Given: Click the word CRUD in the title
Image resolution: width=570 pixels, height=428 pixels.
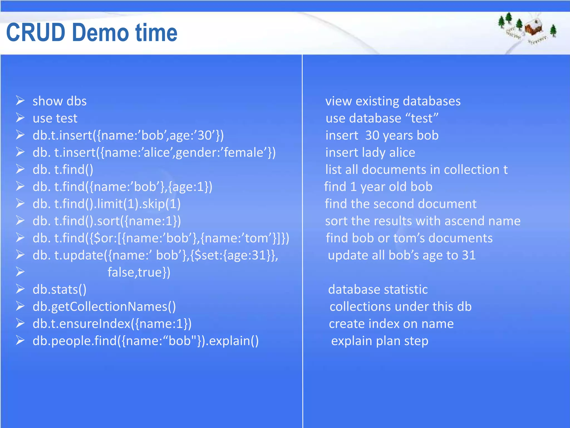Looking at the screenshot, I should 36,33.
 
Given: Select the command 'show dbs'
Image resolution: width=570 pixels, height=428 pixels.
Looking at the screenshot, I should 60,101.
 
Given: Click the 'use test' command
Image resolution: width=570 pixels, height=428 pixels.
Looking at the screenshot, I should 55,118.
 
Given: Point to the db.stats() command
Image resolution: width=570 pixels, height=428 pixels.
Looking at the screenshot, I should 60,290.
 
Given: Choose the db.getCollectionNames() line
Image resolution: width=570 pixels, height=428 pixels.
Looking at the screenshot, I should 104,307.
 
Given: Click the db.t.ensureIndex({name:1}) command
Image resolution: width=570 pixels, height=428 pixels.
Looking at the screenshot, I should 112,324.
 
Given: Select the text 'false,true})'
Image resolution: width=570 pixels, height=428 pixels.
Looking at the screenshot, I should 139,273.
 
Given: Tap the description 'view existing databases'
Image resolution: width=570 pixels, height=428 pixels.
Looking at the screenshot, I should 393,101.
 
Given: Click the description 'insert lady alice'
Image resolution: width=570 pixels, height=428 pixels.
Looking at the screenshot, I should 370,153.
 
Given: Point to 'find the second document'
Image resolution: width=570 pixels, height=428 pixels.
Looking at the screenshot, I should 401,204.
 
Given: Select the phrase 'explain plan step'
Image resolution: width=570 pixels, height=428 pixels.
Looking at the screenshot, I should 380,341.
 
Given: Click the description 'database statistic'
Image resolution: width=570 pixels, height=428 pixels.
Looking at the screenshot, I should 378,290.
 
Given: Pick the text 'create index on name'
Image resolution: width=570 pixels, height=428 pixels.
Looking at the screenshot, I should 391,324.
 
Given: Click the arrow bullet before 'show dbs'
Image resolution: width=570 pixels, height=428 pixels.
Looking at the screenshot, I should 20,101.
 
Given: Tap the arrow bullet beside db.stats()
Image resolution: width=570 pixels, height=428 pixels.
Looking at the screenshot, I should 20,289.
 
